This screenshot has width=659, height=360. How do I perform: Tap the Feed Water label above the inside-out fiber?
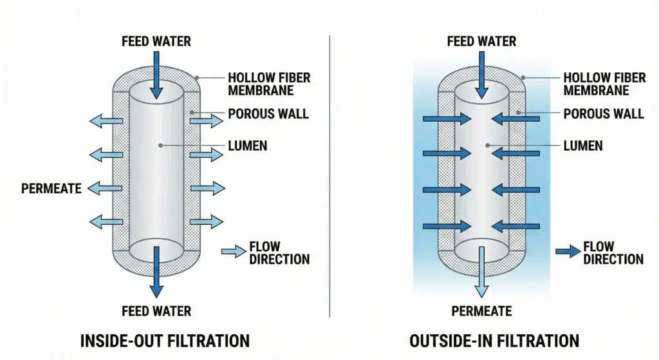[156, 42]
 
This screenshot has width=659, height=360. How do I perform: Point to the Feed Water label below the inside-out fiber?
[156, 312]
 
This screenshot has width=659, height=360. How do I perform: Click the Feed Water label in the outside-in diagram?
[481, 42]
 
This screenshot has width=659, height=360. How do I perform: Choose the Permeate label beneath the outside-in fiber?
[481, 312]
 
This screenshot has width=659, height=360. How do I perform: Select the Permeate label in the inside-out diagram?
[51, 189]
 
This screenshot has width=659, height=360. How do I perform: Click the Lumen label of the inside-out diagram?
[247, 146]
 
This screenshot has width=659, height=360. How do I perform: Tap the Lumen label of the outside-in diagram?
[582, 146]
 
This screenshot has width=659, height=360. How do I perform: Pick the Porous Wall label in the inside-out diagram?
[268, 114]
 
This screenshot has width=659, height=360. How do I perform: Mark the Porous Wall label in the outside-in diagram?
[603, 114]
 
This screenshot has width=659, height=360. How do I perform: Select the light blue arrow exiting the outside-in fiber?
[481, 274]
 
